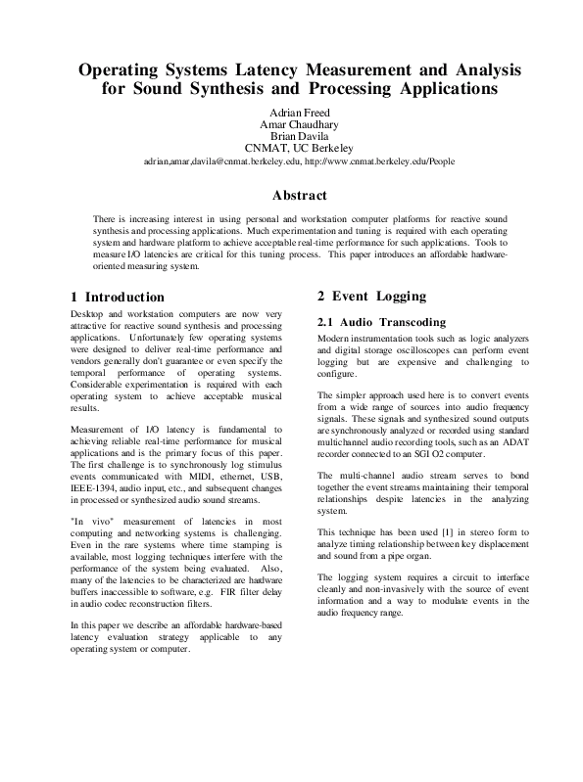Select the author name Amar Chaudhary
[x=290, y=123]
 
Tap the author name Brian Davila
[x=290, y=136]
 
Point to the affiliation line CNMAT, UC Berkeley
[x=290, y=149]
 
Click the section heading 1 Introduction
[x=118, y=297]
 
